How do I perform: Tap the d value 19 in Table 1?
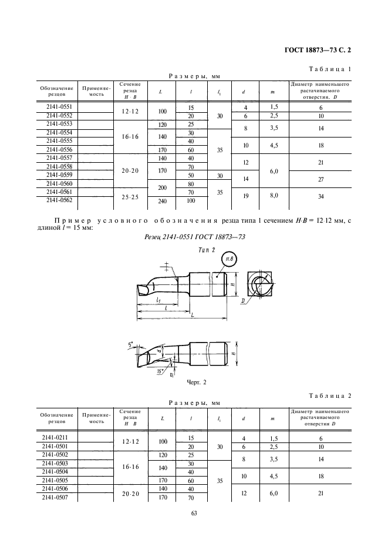[244, 196]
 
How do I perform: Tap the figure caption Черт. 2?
[193, 382]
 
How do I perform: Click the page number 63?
[194, 514]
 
